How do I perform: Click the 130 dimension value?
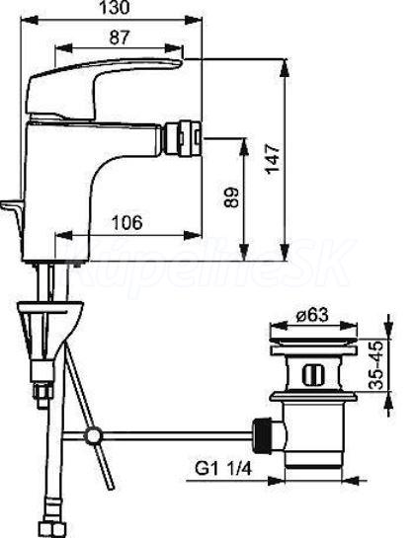pyautogui.click(x=115, y=8)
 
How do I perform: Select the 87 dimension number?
pyautogui.click(x=120, y=38)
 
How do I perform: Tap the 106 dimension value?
pyautogui.click(x=127, y=222)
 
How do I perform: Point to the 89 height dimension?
pyautogui.click(x=231, y=197)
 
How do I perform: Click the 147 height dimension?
pyautogui.click(x=274, y=159)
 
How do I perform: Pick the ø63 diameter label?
pyautogui.click(x=312, y=315)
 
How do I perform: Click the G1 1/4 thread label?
pyautogui.click(x=223, y=468)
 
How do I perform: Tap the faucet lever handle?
pyautogui.click(x=103, y=89)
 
